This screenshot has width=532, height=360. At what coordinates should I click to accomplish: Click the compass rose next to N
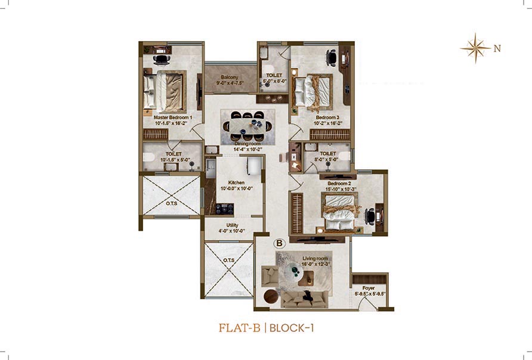point(475,48)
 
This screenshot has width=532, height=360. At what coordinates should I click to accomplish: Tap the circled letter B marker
point(279,243)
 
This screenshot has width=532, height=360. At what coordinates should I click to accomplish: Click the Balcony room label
point(230,77)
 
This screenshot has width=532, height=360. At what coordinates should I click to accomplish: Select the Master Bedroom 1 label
point(173,117)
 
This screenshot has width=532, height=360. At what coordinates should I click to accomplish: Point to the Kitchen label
point(237,182)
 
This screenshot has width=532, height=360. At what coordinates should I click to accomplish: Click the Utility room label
point(233,225)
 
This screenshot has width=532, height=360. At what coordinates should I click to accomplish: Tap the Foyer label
point(369,288)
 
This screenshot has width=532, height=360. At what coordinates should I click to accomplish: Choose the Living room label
point(315,258)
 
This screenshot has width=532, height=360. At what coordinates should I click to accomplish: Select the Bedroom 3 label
point(327,117)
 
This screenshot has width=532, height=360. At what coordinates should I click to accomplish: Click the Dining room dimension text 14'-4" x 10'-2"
point(248,149)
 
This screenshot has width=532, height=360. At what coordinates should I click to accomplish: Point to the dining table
point(248,126)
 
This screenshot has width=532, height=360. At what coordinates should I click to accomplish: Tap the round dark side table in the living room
point(271,297)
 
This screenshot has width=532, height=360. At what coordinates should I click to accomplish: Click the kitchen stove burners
point(225,208)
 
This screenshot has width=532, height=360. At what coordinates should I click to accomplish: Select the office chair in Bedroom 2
point(370,216)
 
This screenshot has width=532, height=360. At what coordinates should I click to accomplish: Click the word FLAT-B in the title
point(239,328)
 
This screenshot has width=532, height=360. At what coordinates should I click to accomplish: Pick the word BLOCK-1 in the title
point(292,328)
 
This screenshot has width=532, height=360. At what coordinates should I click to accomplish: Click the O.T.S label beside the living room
point(228,260)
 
